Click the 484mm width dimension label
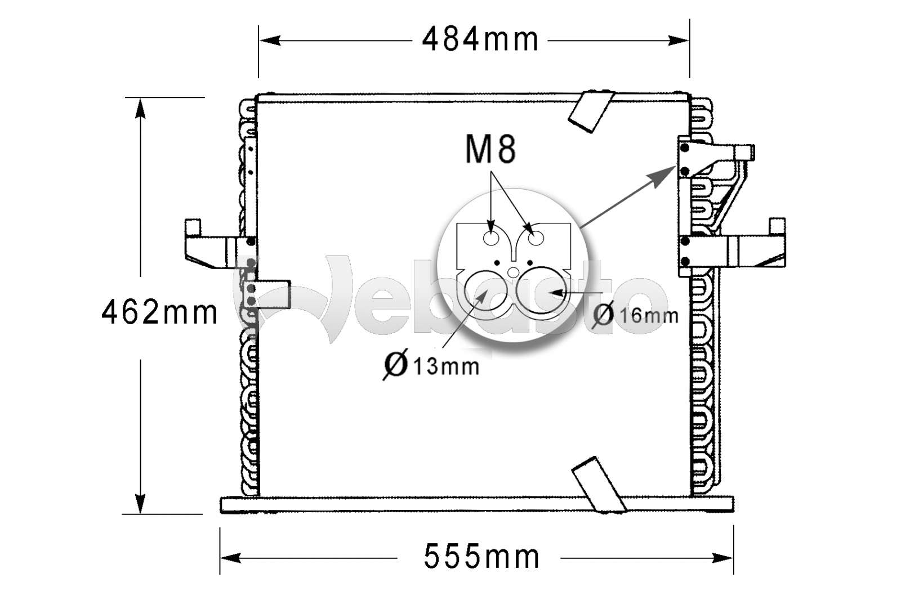[480, 40]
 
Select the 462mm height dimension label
[159, 312]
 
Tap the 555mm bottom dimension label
[481, 557]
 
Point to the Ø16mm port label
[636, 315]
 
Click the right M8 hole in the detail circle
[535, 239]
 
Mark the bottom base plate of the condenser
[478, 504]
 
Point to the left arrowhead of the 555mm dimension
[228, 558]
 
